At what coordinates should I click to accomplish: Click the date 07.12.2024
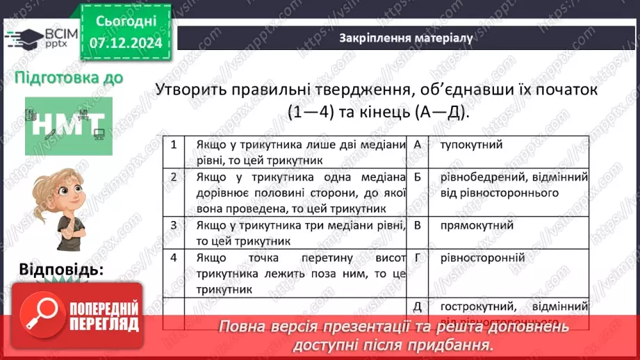pos(126,42)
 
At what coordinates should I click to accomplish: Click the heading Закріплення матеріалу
pos(407,38)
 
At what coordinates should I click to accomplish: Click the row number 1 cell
pos(173,145)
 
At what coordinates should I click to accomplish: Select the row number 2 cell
pos(173,177)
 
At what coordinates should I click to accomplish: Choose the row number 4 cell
pos(173,257)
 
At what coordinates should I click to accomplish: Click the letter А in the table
pos(417,145)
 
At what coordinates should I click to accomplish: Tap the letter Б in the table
pos(417,177)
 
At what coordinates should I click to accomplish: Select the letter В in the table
pos(417,224)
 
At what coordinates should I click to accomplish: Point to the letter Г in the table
pos(417,257)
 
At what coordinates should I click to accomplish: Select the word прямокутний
pos(477,224)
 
